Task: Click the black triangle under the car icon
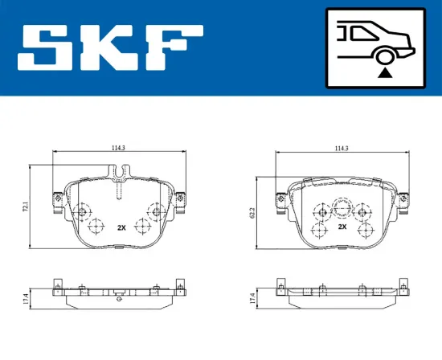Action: click(385, 72)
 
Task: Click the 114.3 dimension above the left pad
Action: click(117, 147)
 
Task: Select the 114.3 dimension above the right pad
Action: click(341, 147)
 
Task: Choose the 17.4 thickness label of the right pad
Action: click(252, 298)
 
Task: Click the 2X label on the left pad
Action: click(122, 227)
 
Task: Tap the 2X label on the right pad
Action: click(342, 227)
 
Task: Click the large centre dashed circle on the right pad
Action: click(342, 209)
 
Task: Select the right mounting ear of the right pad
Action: click(403, 198)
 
